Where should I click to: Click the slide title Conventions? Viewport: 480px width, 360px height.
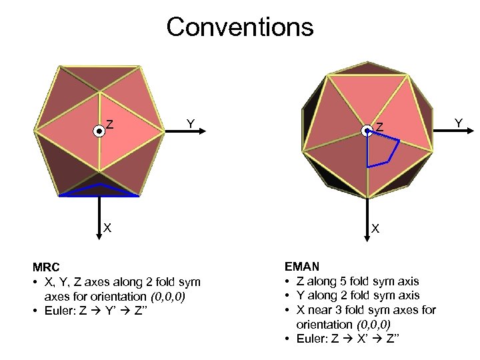click(239, 27)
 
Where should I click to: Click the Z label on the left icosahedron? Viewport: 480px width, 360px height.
click(109, 125)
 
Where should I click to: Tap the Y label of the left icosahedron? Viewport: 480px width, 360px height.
click(191, 123)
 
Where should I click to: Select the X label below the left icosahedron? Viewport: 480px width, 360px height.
click(107, 228)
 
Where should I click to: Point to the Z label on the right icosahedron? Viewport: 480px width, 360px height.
click(379, 127)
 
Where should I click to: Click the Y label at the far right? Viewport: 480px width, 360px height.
click(458, 123)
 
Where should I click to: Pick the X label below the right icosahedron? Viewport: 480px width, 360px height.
click(376, 229)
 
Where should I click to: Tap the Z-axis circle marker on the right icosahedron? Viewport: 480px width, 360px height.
click(367, 132)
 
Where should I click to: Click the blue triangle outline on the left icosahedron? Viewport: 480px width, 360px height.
click(99, 191)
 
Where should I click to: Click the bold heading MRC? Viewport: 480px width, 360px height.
click(46, 268)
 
